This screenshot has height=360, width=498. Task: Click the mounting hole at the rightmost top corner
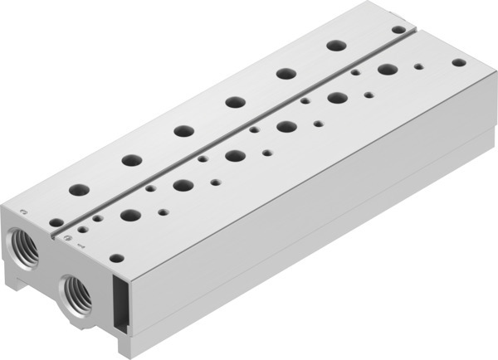click(x=459, y=61)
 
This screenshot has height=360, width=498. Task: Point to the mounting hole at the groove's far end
click(x=398, y=29)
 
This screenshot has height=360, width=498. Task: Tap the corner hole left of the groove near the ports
click(x=56, y=222)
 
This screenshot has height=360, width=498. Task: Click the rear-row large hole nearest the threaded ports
click(x=80, y=190)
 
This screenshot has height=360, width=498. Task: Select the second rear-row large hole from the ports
click(x=131, y=160)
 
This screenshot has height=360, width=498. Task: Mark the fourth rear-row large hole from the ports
click(x=233, y=101)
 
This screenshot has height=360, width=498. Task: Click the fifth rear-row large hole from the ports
click(x=285, y=73)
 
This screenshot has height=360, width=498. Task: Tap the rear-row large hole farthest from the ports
click(x=335, y=45)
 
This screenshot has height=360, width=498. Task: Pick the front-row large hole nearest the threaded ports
click(x=129, y=216)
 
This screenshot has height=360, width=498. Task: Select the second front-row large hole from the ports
click(x=183, y=185)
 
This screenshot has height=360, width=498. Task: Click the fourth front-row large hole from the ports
click(x=286, y=127)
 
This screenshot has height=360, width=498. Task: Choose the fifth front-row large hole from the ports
click(x=337, y=98)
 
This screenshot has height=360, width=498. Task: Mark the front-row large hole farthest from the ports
click(x=387, y=70)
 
